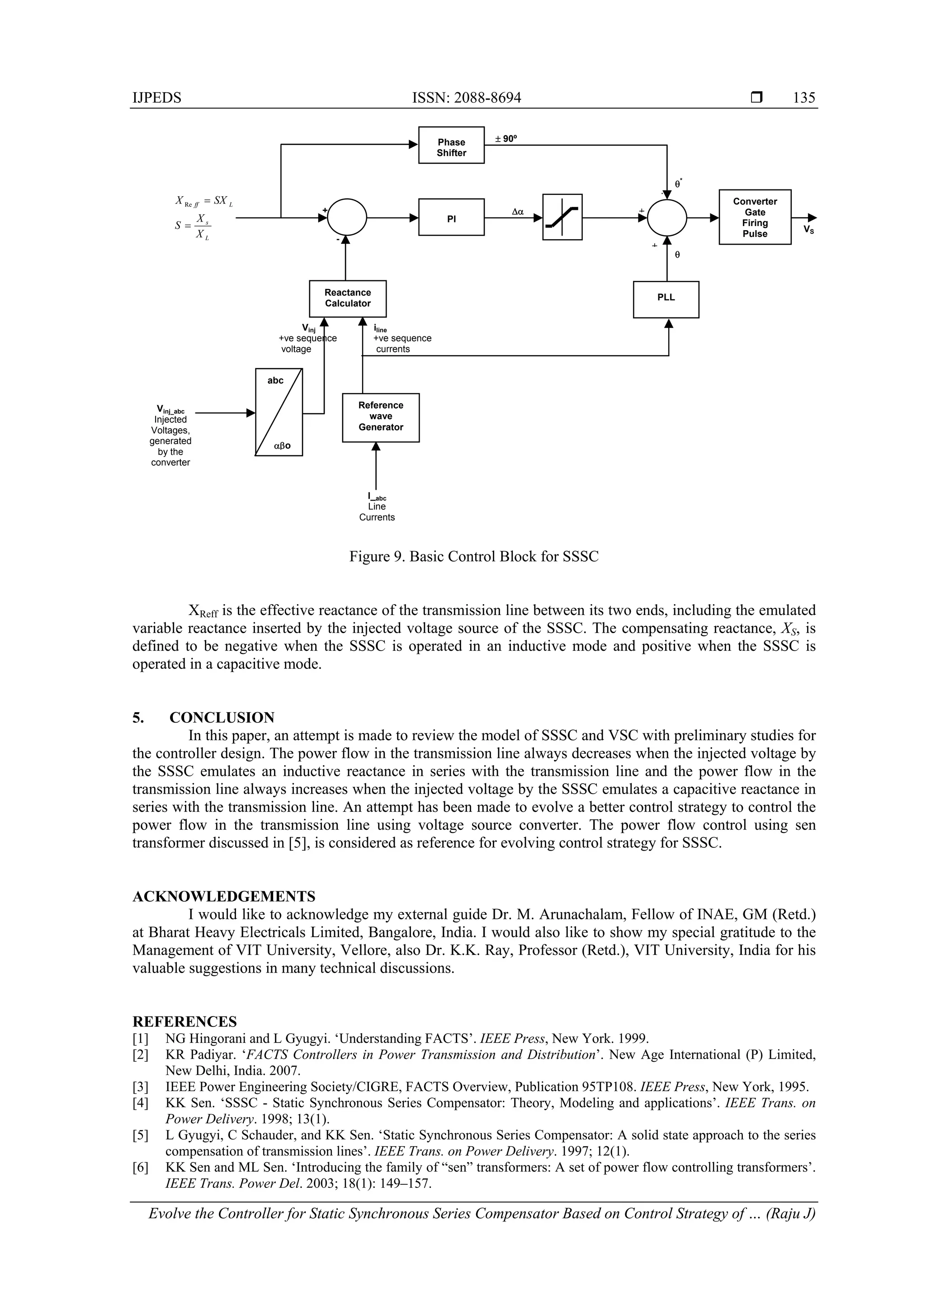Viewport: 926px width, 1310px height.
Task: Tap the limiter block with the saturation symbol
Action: pos(562,218)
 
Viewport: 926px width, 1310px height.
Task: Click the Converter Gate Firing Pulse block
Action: pos(754,218)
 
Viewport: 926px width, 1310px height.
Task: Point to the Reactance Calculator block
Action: pos(347,298)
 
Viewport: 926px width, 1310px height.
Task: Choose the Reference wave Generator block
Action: pos(381,417)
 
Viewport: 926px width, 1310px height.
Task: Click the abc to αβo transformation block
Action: pos(279,412)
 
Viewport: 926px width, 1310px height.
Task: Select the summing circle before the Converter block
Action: pos(667,218)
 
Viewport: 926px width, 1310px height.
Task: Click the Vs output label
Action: pos(808,229)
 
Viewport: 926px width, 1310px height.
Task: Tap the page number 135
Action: pos(803,98)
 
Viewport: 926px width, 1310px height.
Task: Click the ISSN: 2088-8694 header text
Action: pos(466,98)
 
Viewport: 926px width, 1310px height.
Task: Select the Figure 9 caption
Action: pos(473,556)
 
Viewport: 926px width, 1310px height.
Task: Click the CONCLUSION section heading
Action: pos(222,717)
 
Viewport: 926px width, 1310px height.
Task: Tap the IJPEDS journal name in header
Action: pos(156,98)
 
